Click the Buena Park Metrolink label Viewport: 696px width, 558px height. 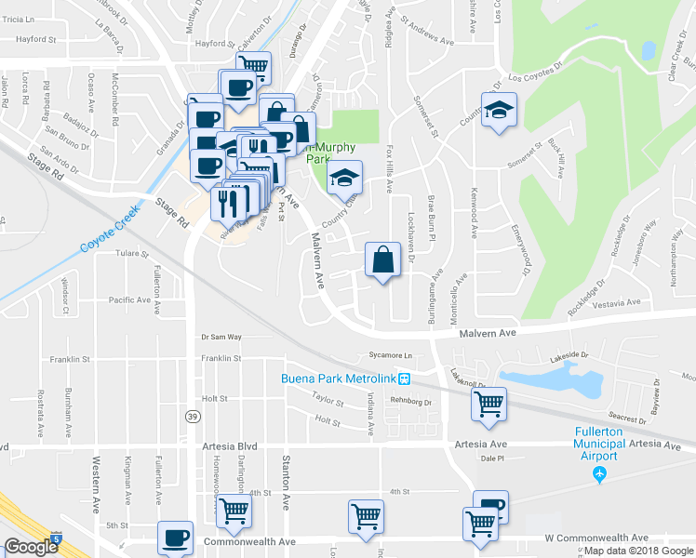tap(339, 379)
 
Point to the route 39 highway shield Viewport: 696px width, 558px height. tap(192, 415)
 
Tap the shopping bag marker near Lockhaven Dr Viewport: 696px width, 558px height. tap(383, 259)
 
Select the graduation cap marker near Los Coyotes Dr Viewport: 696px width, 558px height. tap(499, 110)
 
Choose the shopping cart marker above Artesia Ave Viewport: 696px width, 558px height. tap(488, 405)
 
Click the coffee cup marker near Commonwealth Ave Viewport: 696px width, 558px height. tap(174, 538)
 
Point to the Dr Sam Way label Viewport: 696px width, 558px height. tap(221, 337)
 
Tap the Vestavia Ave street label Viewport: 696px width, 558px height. tap(616, 303)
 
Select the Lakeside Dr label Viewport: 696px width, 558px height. tap(569, 355)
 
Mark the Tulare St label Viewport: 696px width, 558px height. tap(131, 253)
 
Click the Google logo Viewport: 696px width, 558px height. tap(30, 548)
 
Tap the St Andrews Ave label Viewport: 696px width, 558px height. tap(426, 43)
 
